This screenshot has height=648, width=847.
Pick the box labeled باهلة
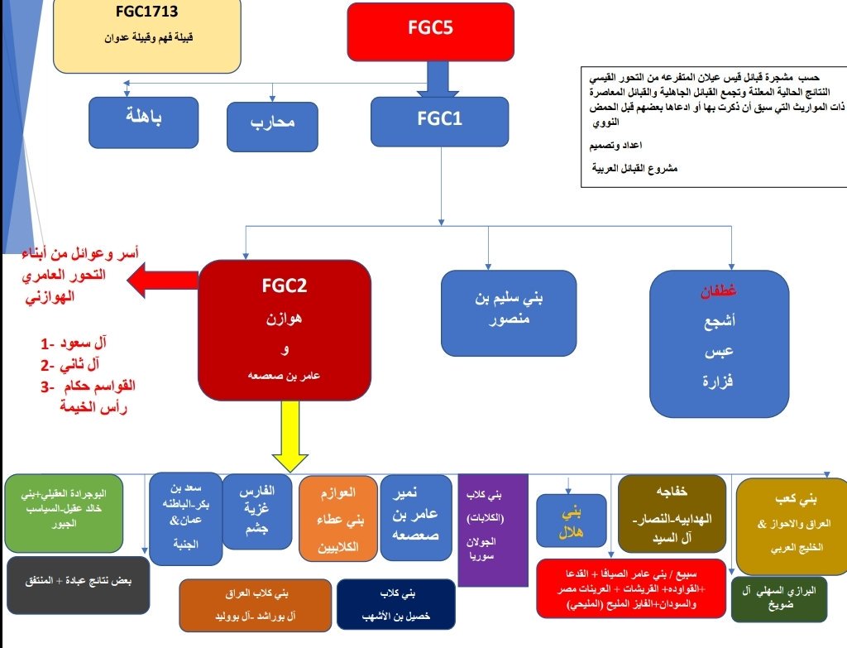144,122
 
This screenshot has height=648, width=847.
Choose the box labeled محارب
272,127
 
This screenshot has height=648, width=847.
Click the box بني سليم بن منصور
508,312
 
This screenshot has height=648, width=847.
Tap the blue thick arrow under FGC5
437,81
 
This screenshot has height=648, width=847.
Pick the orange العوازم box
337,519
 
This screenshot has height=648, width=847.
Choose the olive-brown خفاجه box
672,514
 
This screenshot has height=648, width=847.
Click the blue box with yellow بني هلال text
571,521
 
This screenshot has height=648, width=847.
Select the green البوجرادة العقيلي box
64,513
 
